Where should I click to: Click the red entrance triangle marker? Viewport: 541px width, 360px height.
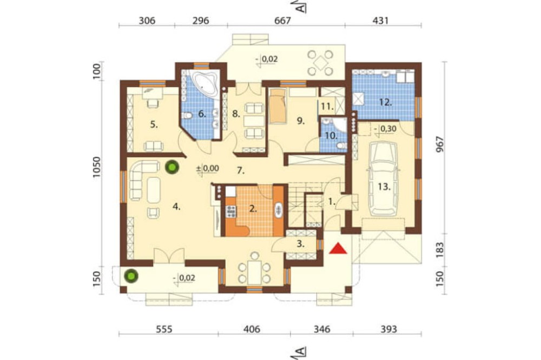[338, 248]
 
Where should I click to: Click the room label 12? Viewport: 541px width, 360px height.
[385, 102]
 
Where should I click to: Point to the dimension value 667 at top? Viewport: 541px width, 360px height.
[282, 21]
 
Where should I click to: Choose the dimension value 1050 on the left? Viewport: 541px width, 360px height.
[97, 167]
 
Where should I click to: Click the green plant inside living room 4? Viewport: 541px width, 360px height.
[171, 167]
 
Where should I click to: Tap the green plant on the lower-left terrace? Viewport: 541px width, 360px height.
[131, 276]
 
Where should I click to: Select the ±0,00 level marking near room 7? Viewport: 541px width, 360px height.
[207, 169]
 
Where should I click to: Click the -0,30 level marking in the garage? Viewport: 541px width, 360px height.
[385, 129]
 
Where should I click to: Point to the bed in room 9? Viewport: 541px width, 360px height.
[278, 105]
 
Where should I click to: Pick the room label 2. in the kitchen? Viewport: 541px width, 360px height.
[253, 209]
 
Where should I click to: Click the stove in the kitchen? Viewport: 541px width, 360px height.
[231, 211]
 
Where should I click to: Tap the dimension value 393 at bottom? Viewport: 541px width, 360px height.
[388, 329]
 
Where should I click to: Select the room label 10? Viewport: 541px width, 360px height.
[331, 136]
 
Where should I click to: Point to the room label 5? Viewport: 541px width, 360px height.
[154, 125]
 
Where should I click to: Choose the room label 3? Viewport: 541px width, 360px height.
[300, 244]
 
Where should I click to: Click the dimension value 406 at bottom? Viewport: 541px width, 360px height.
[252, 329]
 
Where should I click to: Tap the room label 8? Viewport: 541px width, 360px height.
[236, 114]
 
